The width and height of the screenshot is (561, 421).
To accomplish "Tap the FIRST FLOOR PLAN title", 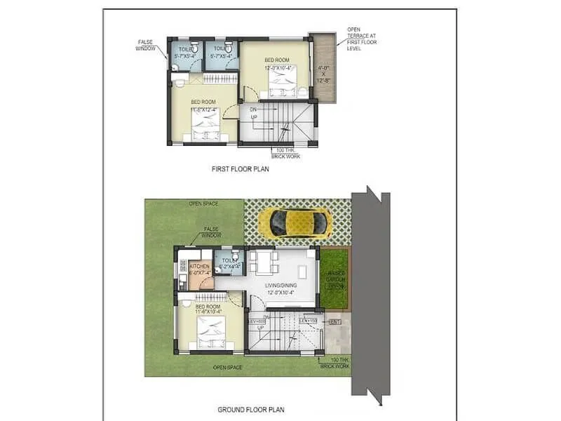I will tap(241, 169).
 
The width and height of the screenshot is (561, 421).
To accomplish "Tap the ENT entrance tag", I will tap(334, 322).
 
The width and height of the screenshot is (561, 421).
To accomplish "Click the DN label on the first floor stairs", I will tap(254, 109).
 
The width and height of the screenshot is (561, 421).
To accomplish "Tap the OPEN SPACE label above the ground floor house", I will tap(203, 204).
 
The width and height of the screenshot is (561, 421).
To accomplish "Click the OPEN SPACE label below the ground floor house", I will tap(229, 368).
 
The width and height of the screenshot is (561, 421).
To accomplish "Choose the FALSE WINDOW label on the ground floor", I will tap(210, 232).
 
